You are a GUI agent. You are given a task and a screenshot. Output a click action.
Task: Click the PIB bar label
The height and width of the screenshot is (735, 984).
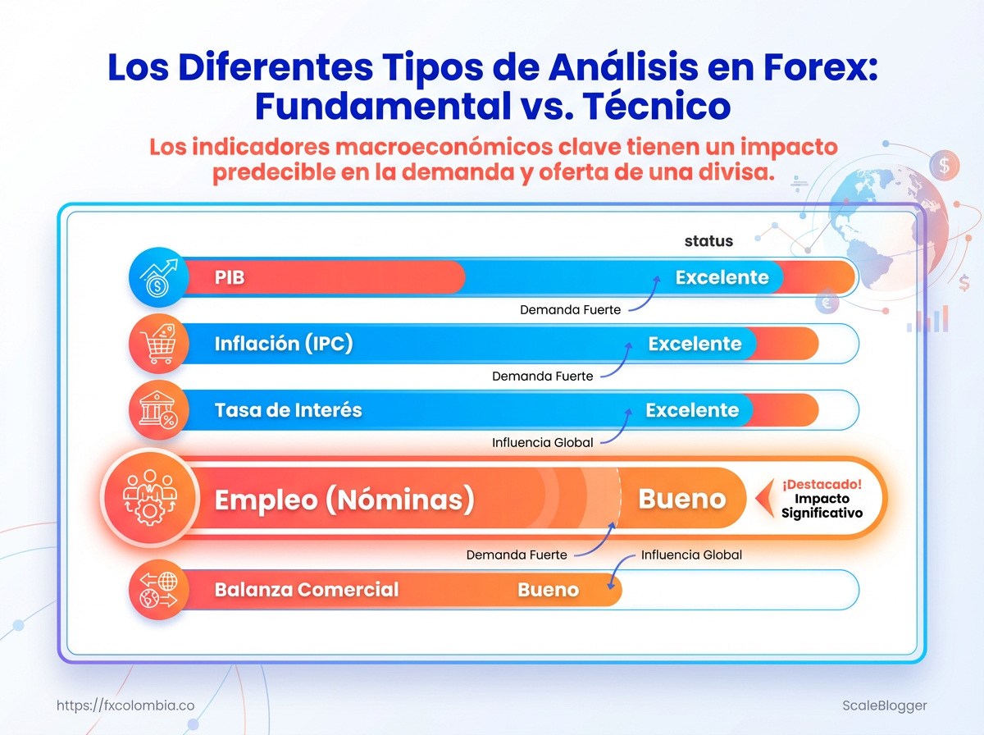click(230, 277)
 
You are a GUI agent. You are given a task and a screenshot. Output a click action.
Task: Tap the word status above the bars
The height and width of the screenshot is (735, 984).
click(708, 241)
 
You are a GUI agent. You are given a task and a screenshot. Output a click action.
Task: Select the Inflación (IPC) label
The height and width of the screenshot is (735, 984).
click(284, 344)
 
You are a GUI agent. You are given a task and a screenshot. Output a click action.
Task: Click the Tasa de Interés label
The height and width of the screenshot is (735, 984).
click(289, 410)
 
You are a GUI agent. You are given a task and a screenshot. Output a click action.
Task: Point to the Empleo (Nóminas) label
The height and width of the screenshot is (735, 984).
click(344, 499)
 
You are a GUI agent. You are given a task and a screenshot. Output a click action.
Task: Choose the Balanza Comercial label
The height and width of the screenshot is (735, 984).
click(307, 589)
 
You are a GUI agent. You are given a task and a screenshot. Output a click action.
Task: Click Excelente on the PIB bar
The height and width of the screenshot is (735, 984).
click(722, 277)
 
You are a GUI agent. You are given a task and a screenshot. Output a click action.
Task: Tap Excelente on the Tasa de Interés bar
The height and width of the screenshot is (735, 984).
click(692, 410)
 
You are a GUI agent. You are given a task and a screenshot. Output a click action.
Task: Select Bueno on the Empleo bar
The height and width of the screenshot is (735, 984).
click(682, 499)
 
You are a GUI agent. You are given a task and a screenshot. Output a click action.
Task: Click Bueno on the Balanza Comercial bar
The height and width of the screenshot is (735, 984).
click(548, 590)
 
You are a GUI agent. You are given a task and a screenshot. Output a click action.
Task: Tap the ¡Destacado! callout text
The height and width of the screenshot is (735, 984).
click(822, 484)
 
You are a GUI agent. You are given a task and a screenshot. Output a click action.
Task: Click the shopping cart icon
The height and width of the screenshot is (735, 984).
click(158, 344)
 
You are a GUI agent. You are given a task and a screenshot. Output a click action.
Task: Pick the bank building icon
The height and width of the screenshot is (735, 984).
click(158, 410)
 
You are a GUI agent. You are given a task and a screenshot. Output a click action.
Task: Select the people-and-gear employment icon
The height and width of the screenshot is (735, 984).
click(150, 498)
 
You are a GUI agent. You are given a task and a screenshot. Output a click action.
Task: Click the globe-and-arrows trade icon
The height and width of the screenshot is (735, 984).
click(158, 590)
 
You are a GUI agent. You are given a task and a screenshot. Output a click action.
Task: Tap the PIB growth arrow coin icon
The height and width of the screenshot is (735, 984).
click(158, 277)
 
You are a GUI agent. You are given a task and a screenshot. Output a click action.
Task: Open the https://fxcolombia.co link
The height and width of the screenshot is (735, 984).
click(125, 705)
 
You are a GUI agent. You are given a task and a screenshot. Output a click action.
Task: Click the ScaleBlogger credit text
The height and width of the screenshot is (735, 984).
click(884, 705)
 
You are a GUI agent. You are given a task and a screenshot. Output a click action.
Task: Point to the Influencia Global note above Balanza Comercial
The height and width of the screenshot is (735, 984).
click(691, 555)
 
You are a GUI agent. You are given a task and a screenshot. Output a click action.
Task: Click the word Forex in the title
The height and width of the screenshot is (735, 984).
click(820, 67)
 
